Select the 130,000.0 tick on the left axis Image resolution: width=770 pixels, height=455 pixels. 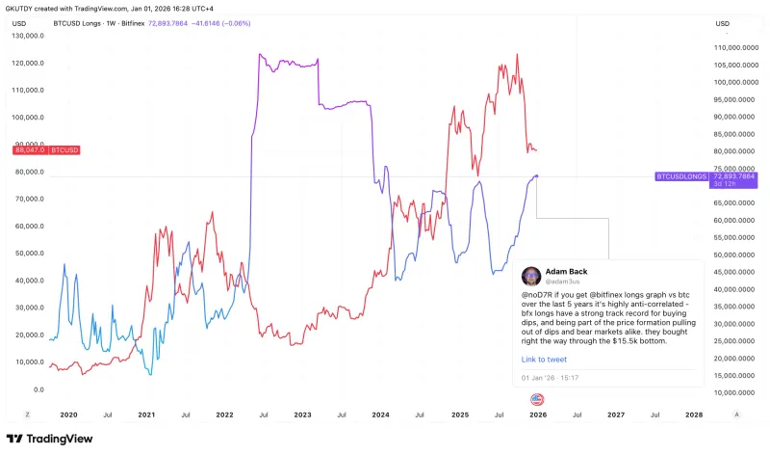(x=29, y=36)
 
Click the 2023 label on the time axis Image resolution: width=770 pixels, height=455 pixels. (x=302, y=414)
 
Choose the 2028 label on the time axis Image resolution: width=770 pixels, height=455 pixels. (x=694, y=414)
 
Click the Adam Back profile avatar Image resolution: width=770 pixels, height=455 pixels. (x=530, y=276)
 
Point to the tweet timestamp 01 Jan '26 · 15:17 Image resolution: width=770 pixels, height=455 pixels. (x=551, y=376)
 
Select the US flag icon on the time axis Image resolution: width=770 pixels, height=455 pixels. (x=537, y=398)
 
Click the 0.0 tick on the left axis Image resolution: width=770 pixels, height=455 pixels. (x=38, y=389)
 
